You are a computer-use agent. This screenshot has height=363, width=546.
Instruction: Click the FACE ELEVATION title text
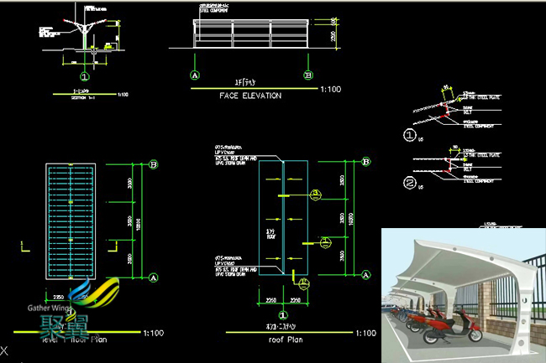250,96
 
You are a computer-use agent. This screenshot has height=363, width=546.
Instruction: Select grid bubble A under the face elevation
196,75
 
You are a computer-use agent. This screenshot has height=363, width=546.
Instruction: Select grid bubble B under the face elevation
307,75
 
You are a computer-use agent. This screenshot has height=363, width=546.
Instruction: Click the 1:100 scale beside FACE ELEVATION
331,87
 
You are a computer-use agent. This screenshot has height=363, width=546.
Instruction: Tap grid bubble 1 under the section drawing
85,75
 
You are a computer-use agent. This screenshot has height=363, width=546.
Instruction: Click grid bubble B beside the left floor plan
154,165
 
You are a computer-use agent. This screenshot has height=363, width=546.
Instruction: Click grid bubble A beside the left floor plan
154,276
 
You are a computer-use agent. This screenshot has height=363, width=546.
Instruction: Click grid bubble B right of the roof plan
367,161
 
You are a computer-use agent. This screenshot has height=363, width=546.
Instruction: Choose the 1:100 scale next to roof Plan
365,333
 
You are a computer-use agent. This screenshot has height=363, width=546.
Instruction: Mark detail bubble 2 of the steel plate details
410,181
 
